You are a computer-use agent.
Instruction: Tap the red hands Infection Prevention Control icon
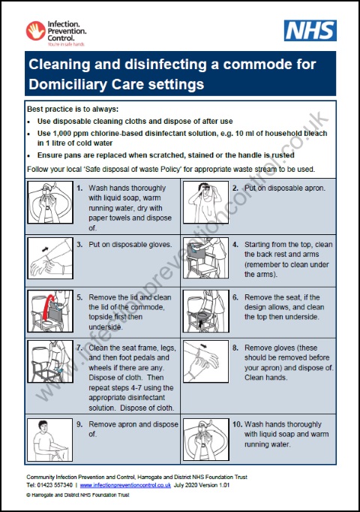coord(34,30)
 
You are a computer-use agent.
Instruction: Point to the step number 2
coord(235,188)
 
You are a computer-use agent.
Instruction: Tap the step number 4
coord(235,244)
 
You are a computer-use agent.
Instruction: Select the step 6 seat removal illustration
coord(205,312)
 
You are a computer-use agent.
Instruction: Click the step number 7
coord(79,347)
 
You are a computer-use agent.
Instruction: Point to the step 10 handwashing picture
coord(205,439)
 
